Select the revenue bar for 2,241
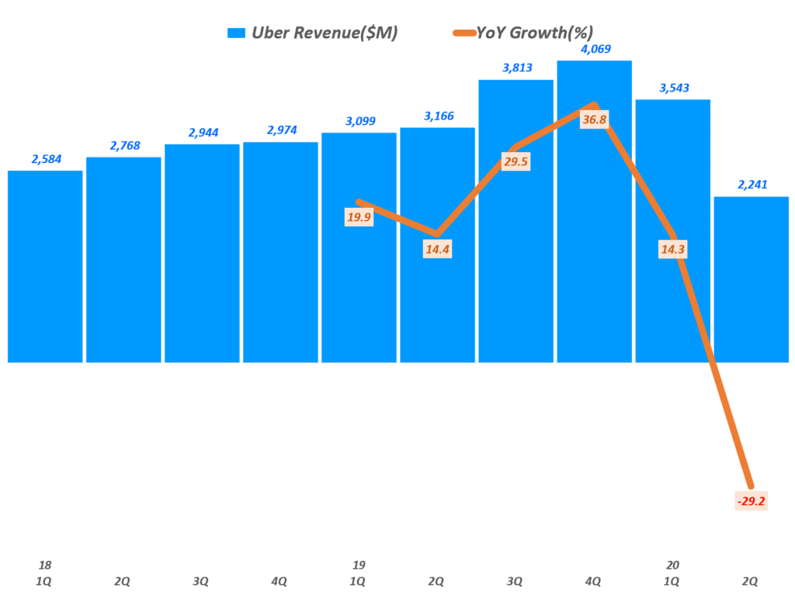[x=751, y=279]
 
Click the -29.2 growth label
[x=751, y=501]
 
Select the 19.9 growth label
[x=359, y=217]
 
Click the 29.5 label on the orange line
[x=516, y=161]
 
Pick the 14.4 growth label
[x=437, y=250]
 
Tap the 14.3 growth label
[x=672, y=249]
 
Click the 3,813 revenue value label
[x=516, y=68]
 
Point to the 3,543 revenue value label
[x=672, y=88]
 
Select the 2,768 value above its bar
[x=124, y=145]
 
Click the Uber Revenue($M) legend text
[x=325, y=33]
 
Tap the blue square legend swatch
[x=236, y=33]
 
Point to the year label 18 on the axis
[x=45, y=565]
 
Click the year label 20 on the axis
[x=672, y=565]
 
